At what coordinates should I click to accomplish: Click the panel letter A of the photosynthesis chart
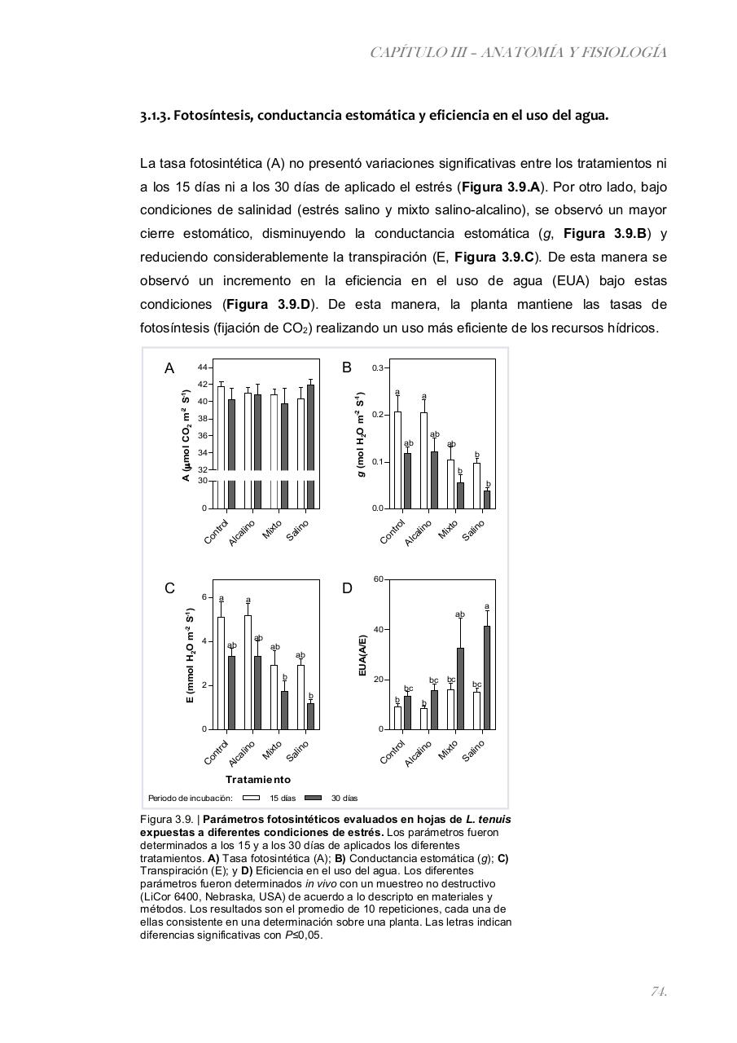click(x=169, y=368)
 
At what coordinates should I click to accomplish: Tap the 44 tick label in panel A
click(x=202, y=367)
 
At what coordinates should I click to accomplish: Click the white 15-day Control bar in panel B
click(x=397, y=460)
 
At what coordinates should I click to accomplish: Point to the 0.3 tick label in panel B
click(x=378, y=368)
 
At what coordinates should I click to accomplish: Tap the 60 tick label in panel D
click(x=378, y=579)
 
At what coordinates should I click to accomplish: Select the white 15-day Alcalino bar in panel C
click(x=248, y=672)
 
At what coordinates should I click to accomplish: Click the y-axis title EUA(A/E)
click(x=362, y=654)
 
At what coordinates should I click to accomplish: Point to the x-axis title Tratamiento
click(x=258, y=780)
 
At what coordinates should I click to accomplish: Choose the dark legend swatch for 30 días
click(x=314, y=798)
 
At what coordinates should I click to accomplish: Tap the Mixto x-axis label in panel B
click(x=448, y=530)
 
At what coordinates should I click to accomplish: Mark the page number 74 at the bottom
click(x=659, y=991)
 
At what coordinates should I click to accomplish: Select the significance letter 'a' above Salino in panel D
click(x=487, y=606)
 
